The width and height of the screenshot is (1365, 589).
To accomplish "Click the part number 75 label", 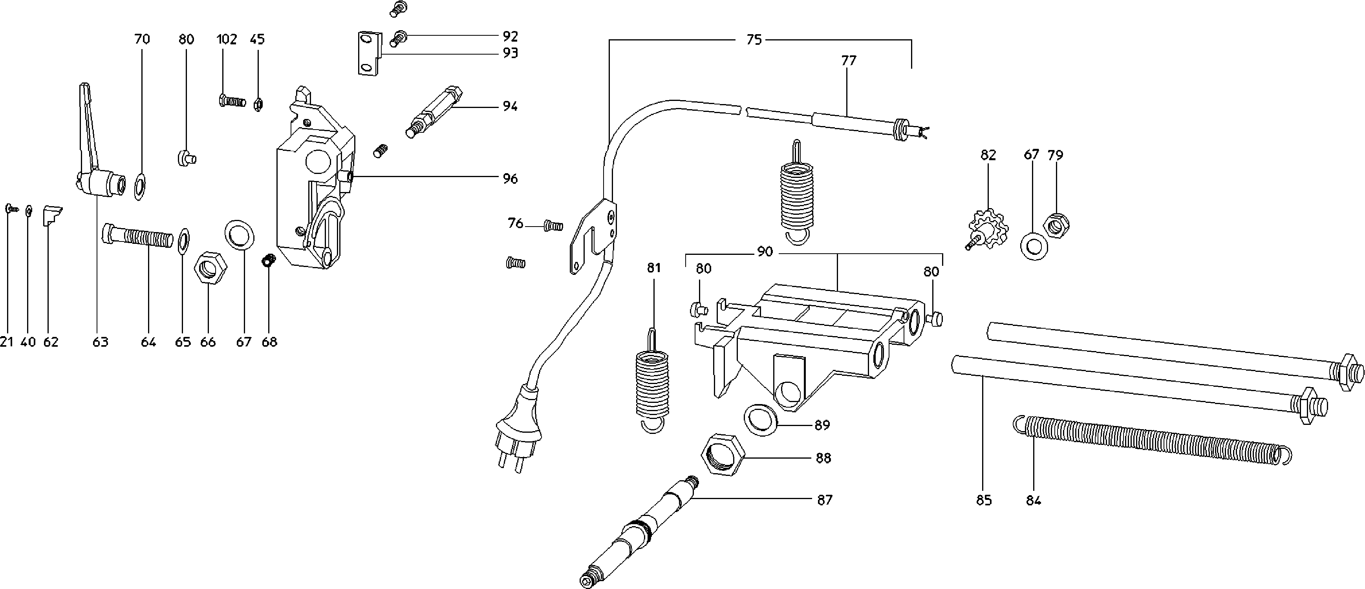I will pyautogui.click(x=754, y=40).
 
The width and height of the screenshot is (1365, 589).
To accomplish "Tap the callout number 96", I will pyautogui.click(x=510, y=179).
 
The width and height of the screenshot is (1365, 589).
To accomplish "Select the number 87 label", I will pyautogui.click(x=825, y=499).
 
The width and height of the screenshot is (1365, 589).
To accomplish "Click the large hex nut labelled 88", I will pyautogui.click(x=723, y=454).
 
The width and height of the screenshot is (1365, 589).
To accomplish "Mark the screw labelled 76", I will pyautogui.click(x=553, y=226).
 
